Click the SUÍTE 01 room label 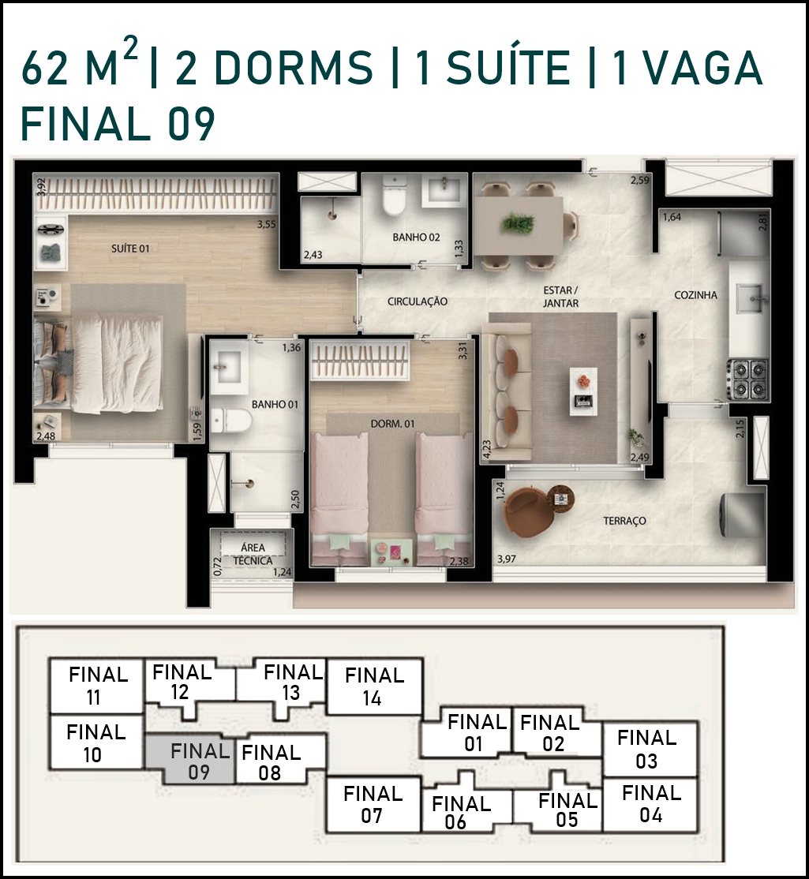[x=130, y=248]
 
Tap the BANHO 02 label [x=416, y=238]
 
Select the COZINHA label [x=695, y=295]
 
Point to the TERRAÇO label [x=624, y=521]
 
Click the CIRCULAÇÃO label [x=417, y=301]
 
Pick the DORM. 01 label [x=392, y=424]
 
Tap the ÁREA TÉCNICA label [x=253, y=554]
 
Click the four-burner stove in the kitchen [x=747, y=380]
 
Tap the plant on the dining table [x=517, y=223]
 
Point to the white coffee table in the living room [x=583, y=391]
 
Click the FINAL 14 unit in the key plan [x=374, y=686]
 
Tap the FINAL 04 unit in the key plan [x=650, y=804]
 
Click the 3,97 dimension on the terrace [x=506, y=559]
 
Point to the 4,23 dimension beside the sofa [x=486, y=450]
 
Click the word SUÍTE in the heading [x=508, y=69]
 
